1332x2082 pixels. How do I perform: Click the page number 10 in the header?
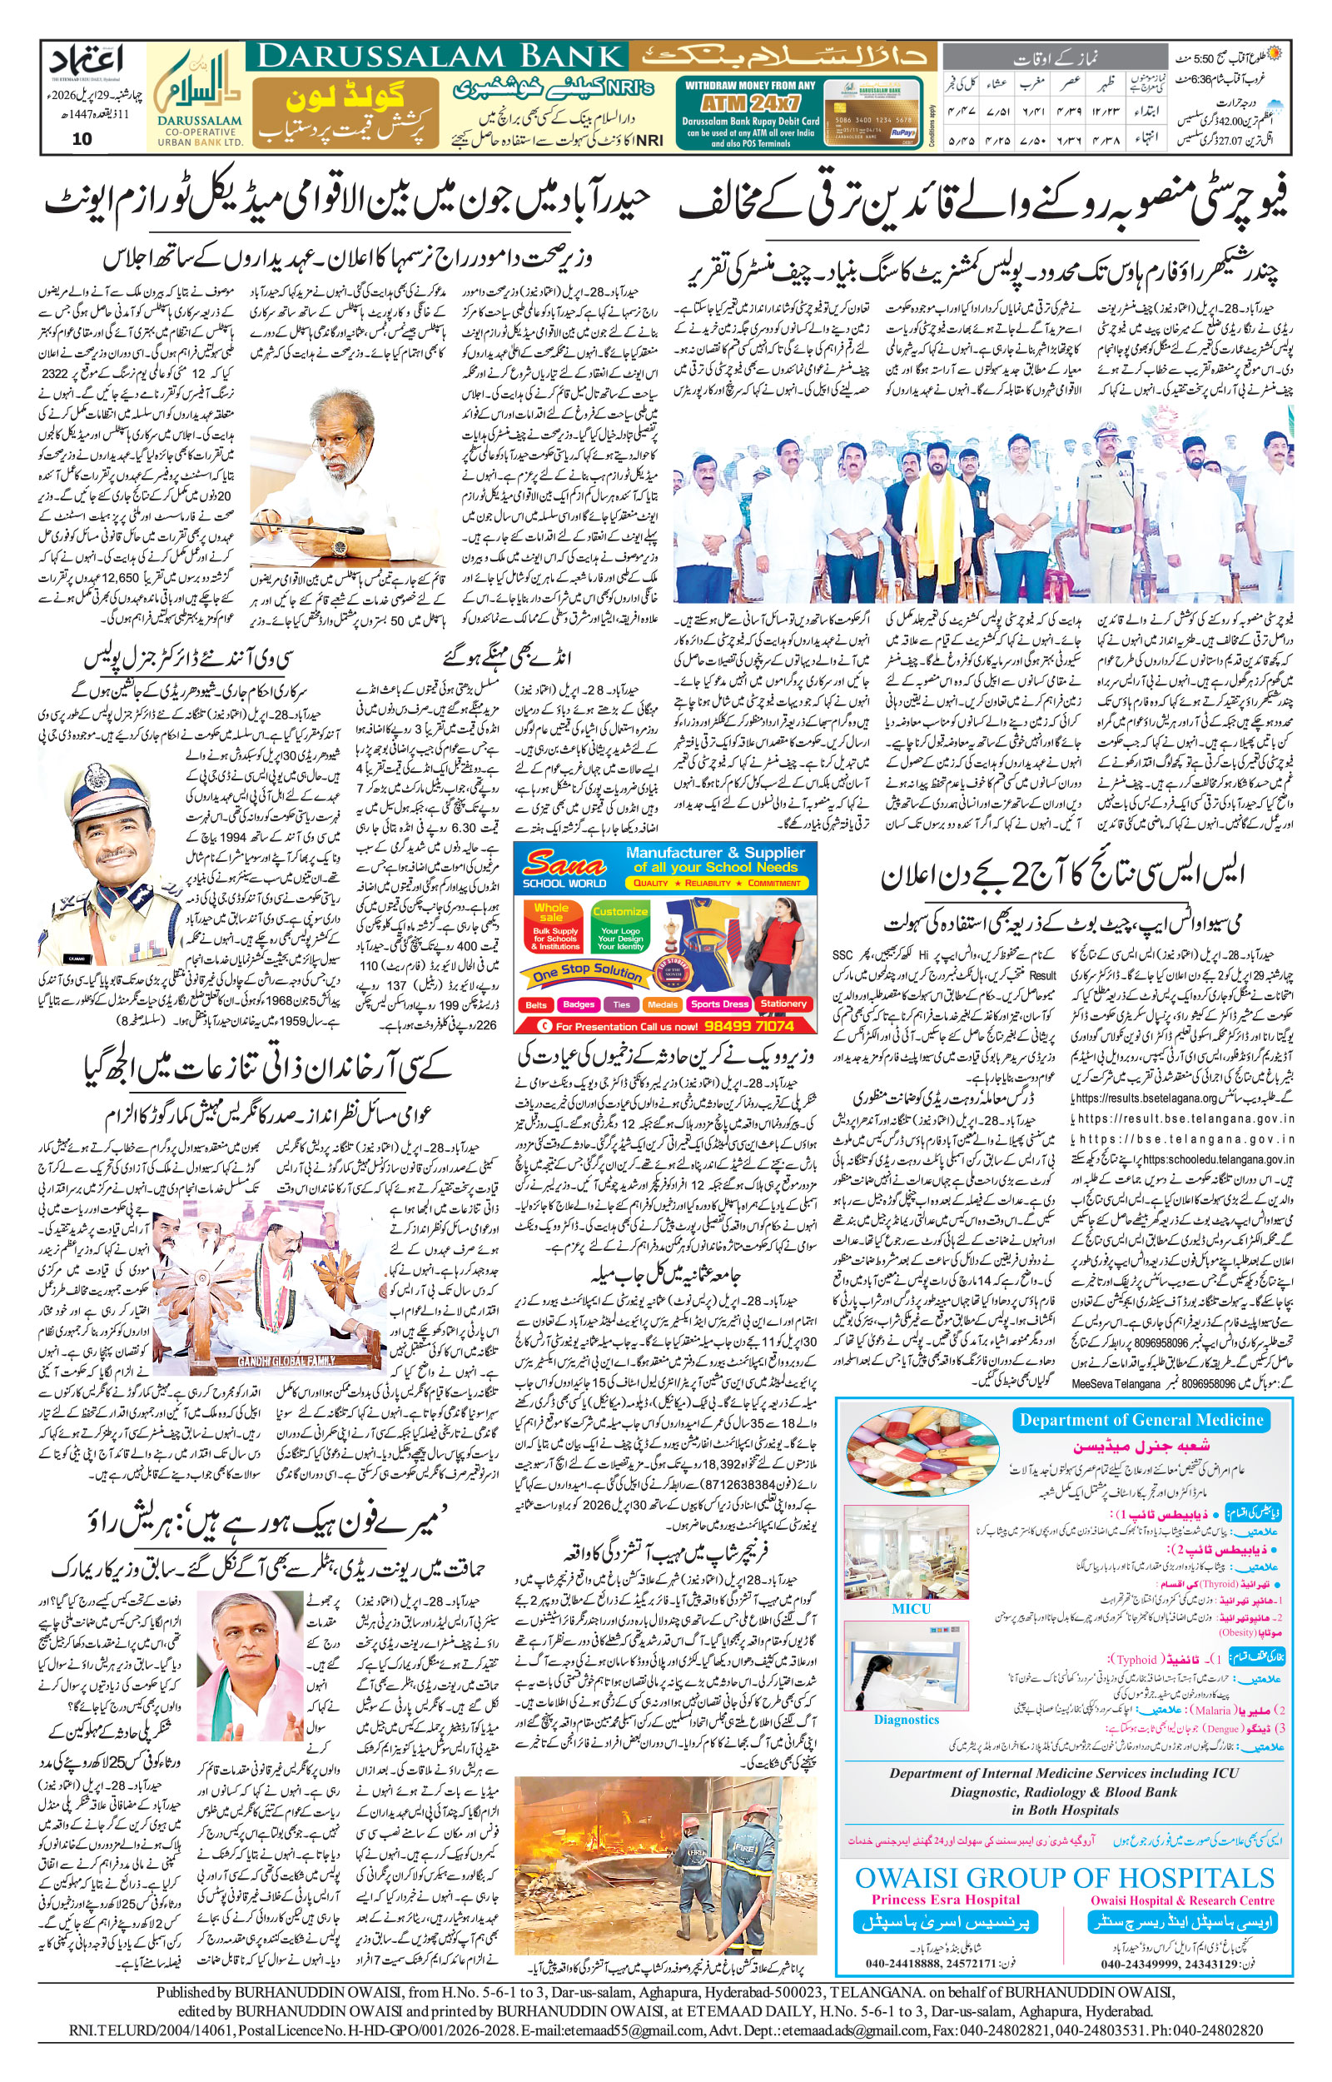[82, 138]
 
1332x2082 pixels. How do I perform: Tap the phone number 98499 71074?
[749, 1026]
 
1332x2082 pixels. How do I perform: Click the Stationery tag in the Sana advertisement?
[783, 1004]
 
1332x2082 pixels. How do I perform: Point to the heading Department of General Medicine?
[1141, 1419]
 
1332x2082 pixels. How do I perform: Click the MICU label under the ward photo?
[911, 1609]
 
